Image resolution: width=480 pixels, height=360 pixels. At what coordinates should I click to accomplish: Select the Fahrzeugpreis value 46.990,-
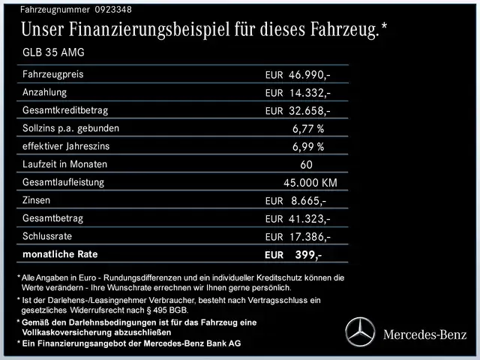[x=310, y=76]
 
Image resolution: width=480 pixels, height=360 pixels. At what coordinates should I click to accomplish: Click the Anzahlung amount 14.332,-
[x=310, y=93]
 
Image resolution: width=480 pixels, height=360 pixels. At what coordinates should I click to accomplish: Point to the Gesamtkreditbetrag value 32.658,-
[x=310, y=110]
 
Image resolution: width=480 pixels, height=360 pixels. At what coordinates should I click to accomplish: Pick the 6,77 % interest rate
[x=308, y=128]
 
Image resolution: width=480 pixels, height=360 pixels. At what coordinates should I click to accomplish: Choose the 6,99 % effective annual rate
[x=308, y=146]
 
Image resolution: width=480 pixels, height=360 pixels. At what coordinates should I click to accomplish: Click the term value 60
[x=306, y=164]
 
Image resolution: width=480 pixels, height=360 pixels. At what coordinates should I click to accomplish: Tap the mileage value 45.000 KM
[x=310, y=182]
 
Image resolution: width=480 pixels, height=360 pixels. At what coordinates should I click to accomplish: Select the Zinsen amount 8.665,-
[x=308, y=200]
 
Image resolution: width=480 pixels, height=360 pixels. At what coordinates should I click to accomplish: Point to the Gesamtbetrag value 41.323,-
[x=310, y=218]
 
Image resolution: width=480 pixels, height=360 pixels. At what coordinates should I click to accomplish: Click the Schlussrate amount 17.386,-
[x=310, y=236]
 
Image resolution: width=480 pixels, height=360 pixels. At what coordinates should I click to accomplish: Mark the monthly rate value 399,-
[x=308, y=255]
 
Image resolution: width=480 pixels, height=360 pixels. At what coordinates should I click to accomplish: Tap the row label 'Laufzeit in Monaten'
[x=65, y=163]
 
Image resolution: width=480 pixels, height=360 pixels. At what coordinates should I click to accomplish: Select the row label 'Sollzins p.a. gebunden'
[x=71, y=127]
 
